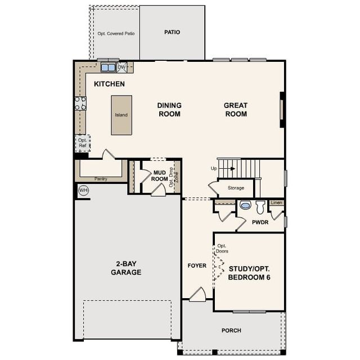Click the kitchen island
(121, 115)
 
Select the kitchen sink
(107, 67)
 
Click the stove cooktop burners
(80, 103)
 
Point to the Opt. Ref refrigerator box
(82, 143)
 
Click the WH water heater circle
(84, 190)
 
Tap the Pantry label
(101, 179)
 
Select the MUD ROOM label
(160, 175)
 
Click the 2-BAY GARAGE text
(126, 268)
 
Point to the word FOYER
(197, 265)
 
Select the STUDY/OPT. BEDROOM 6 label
(249, 273)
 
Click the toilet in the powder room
(260, 206)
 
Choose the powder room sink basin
(245, 205)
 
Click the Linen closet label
(276, 202)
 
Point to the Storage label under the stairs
(236, 188)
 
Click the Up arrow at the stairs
(230, 168)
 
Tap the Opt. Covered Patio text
(116, 34)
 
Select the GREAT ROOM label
(236, 109)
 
